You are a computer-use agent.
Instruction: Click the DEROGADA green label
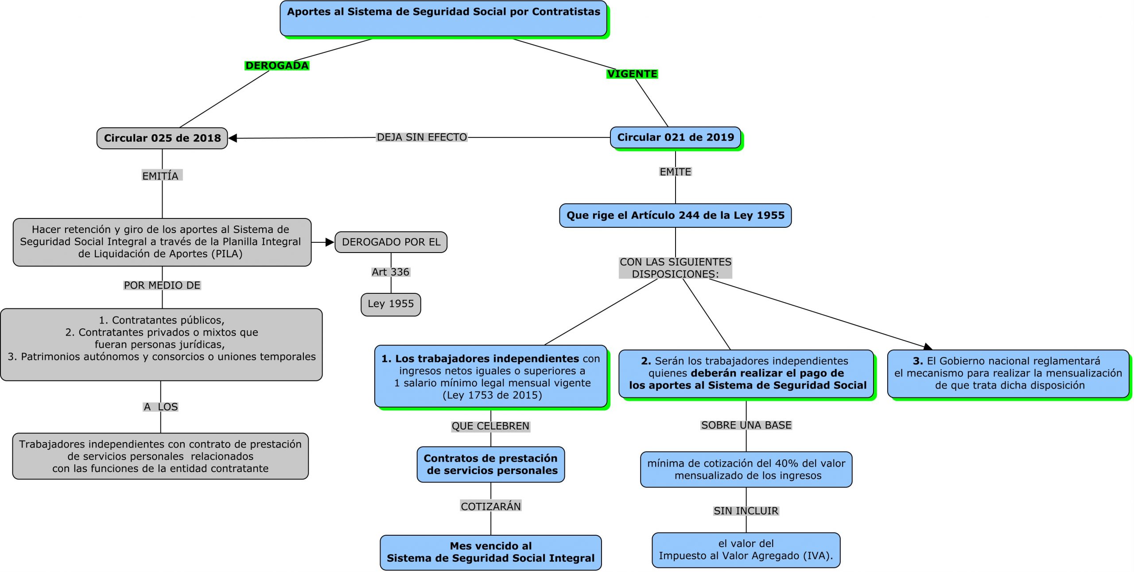tap(277, 66)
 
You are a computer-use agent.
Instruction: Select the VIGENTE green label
tap(632, 74)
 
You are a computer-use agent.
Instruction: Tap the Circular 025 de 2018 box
tap(162, 138)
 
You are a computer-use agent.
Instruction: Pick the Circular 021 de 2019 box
tap(675, 137)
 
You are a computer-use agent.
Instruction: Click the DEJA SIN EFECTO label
tap(421, 137)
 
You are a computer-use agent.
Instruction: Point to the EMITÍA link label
tap(160, 176)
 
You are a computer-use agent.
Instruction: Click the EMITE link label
tap(675, 172)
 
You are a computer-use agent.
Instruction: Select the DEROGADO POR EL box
tap(391, 242)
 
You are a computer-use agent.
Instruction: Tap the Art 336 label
tap(390, 272)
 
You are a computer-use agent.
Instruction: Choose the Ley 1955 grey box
tap(390, 304)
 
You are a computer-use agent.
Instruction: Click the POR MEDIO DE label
tap(162, 285)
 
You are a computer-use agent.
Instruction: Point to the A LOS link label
tap(160, 407)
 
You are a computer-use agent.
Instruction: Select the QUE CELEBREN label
tap(490, 426)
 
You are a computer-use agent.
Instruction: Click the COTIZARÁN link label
tap(491, 506)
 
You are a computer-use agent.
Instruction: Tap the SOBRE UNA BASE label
tap(746, 425)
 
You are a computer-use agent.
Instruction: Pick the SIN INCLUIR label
tap(746, 511)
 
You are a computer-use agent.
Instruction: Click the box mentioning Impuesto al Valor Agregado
tap(746, 550)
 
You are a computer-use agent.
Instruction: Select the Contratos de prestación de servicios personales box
tap(490, 464)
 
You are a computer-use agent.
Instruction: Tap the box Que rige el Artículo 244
tap(675, 216)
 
